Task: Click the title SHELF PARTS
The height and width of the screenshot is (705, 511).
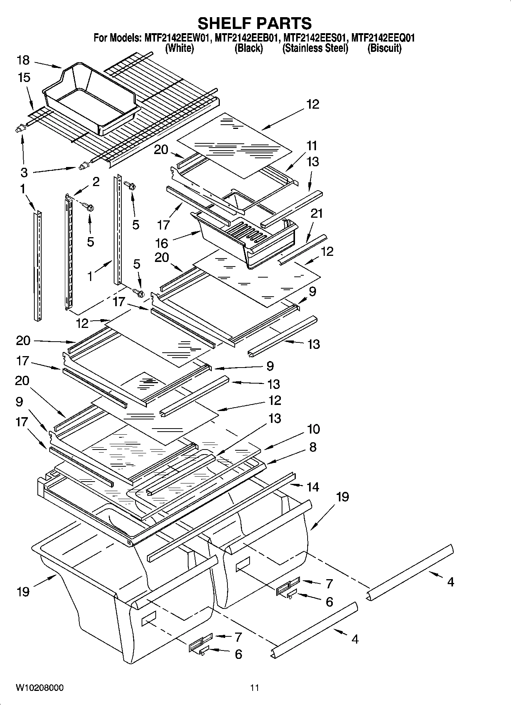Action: coord(255,24)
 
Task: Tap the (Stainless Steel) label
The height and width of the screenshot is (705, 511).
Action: coord(315,48)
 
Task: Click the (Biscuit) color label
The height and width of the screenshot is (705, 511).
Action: coord(384,48)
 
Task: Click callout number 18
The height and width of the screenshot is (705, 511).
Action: coord(23,60)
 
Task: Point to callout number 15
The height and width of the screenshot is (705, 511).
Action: coord(24,77)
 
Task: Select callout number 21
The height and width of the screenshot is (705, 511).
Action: coord(316,214)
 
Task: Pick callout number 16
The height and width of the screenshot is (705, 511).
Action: coord(161,243)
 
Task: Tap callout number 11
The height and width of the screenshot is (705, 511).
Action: coord(311,146)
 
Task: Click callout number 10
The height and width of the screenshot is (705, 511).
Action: coord(313,429)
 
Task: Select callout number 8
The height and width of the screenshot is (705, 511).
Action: coord(313,447)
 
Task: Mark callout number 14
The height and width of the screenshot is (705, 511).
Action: coord(313,487)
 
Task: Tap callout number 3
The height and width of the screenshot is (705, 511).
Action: coord(24,172)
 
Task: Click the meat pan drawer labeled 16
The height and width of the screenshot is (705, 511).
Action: coord(244,238)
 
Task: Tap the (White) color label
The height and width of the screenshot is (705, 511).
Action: coord(179,48)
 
